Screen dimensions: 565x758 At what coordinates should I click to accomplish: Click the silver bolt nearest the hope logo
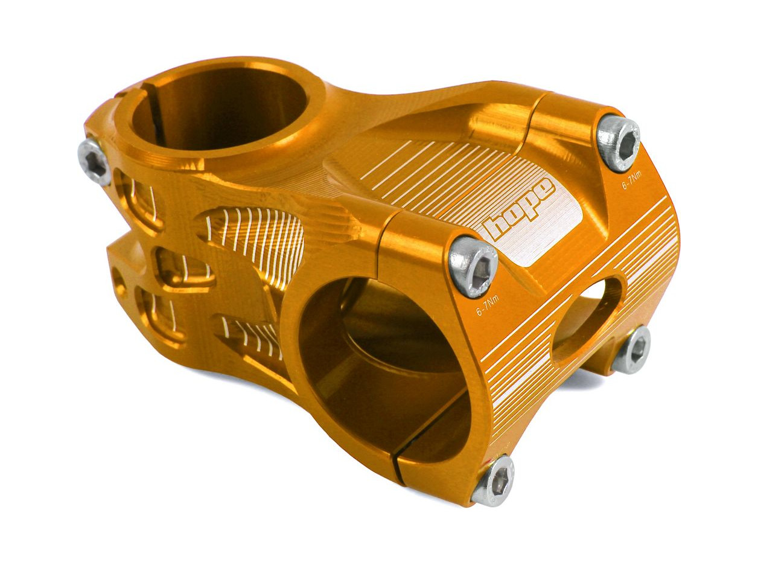click(x=474, y=266)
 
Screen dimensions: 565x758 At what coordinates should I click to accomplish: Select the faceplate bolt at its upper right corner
click(x=619, y=143)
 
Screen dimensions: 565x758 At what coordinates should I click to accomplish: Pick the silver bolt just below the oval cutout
click(x=631, y=350)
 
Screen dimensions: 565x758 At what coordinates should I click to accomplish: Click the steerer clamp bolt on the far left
click(x=95, y=162)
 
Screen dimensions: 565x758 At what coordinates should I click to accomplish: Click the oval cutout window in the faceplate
click(x=588, y=320)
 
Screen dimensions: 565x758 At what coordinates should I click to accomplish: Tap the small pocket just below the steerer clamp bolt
click(x=138, y=199)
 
